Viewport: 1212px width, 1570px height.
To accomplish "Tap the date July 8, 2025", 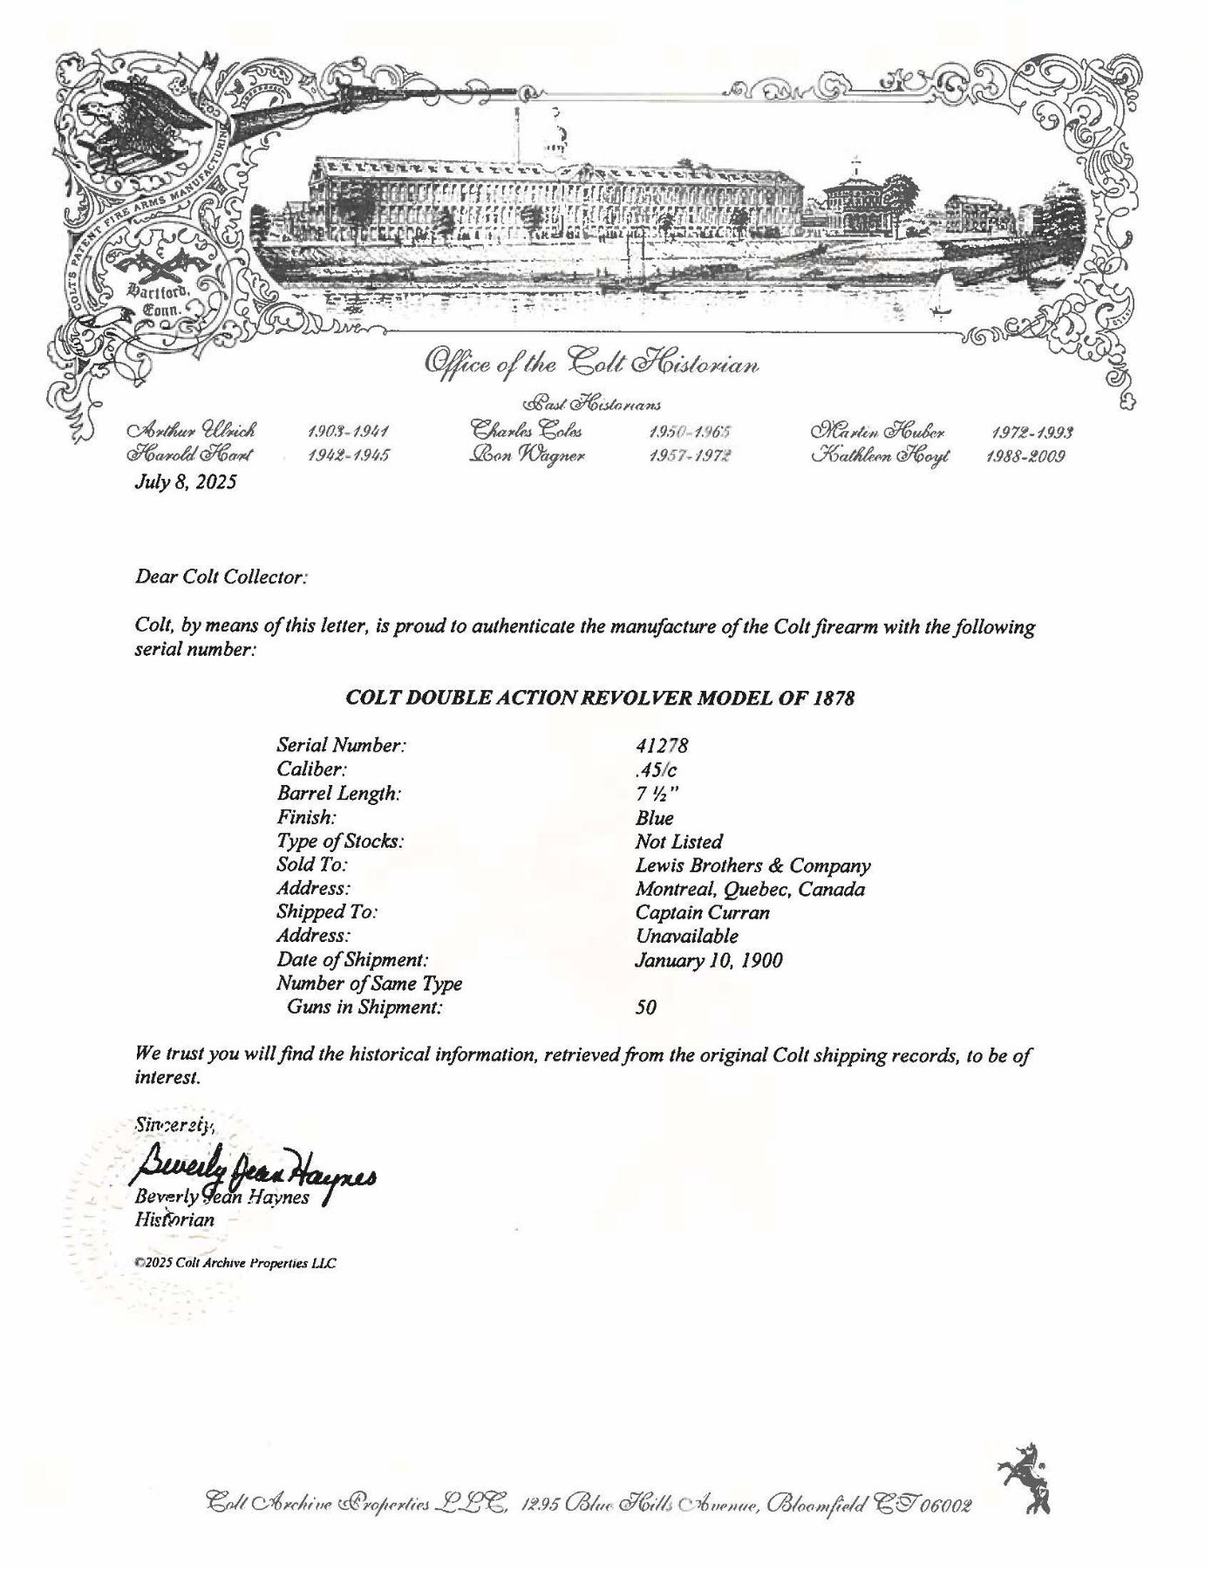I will point(185,481).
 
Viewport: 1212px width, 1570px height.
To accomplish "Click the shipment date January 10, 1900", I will point(709,960).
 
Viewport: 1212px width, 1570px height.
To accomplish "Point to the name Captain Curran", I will point(703,913).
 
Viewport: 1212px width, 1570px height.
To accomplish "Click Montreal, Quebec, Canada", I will point(750,890).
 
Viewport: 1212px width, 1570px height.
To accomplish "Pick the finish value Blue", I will point(655,818).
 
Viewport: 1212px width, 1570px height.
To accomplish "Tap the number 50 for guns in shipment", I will point(646,1007).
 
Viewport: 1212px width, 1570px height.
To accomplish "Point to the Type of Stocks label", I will point(340,842).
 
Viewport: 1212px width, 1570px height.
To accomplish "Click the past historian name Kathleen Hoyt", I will point(882,455).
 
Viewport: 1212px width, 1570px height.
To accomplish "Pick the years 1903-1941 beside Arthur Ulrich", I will point(348,432).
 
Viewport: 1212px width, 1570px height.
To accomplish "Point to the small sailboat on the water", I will point(940,297).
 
